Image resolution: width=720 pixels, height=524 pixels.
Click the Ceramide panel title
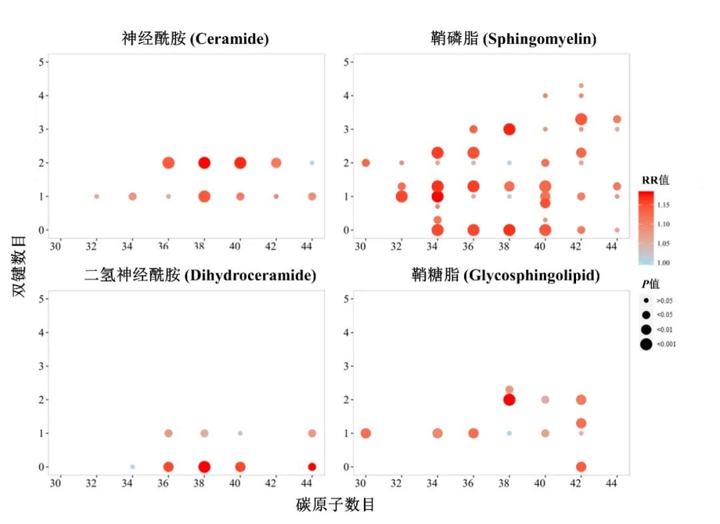click(195, 39)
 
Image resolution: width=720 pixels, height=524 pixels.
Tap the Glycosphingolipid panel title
click(505, 275)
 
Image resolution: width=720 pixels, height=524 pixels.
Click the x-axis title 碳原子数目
click(335, 505)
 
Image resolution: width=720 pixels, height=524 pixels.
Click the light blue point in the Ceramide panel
click(311, 163)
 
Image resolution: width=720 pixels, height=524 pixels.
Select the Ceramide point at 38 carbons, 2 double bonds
click(204, 163)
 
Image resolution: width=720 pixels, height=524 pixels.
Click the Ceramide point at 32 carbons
click(97, 196)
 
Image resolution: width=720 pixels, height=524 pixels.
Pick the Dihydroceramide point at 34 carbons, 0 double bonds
click(133, 467)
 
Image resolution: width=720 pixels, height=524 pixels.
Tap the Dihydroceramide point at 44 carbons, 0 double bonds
click(311, 467)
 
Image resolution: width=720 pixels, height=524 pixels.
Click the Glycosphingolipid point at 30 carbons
click(365, 433)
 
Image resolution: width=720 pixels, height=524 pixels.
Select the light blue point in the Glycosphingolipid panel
click(509, 433)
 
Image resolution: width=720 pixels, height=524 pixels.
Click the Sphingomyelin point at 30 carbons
click(365, 163)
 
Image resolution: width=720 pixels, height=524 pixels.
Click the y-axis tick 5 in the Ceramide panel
click(41, 62)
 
